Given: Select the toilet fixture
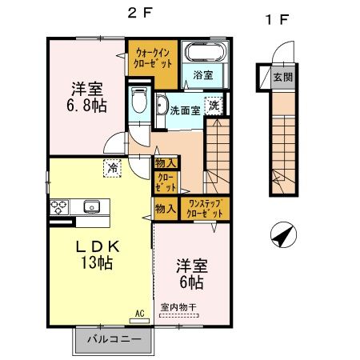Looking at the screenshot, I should [x=139, y=102].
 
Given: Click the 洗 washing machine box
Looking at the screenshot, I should [x=214, y=105].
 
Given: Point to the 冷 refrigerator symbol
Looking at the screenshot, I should [x=112, y=168].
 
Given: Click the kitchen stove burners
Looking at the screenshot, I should [x=59, y=206].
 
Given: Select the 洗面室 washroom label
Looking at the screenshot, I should [x=185, y=110].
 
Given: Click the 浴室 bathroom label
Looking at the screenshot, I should [x=202, y=77].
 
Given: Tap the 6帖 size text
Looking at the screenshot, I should [x=190, y=283].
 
